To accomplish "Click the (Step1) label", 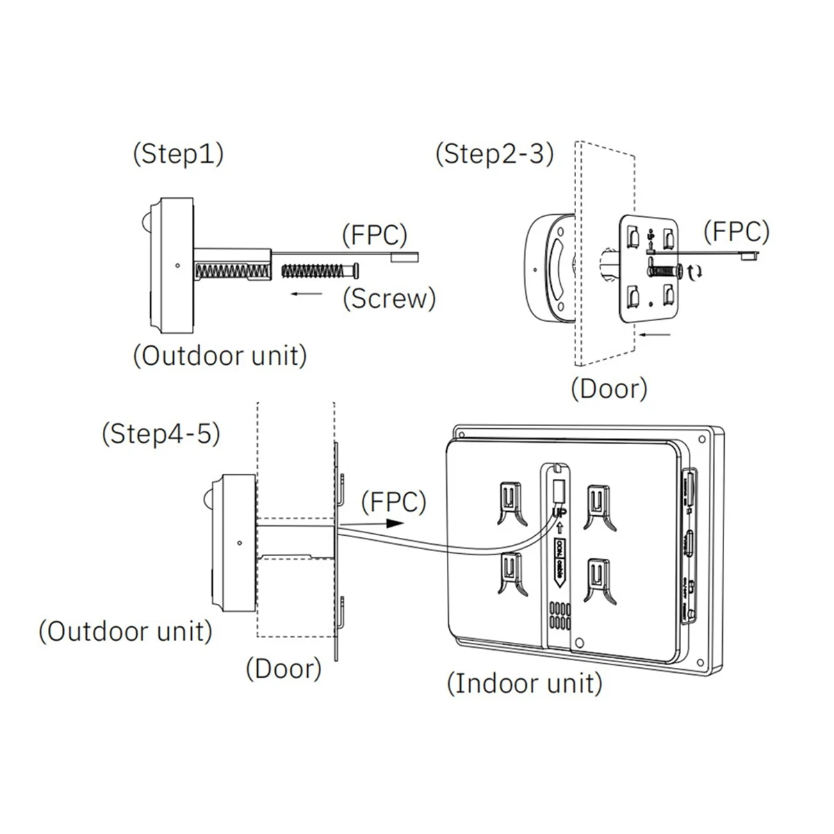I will (x=178, y=154).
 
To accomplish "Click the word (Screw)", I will (x=389, y=298).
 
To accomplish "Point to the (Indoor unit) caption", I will (x=524, y=683).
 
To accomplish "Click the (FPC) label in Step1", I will (x=375, y=235).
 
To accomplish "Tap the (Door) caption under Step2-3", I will (x=609, y=388).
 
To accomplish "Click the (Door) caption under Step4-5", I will (x=284, y=669).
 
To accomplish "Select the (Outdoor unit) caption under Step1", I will (x=220, y=356).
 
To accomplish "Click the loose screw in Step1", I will (x=319, y=268).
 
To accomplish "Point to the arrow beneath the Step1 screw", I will (x=306, y=294).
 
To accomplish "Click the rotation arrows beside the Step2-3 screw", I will (x=694, y=271).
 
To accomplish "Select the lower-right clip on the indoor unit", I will (x=596, y=575).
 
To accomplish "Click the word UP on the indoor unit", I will (x=559, y=512).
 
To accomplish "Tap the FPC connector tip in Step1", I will (x=406, y=256).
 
